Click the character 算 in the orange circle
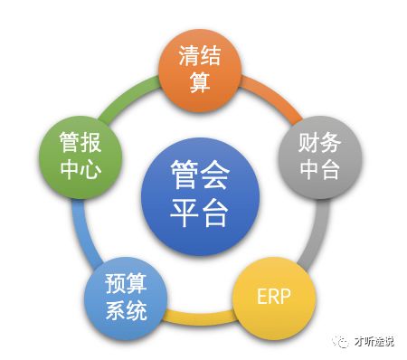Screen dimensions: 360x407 tap(200, 82)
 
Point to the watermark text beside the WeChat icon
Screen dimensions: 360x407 tap(373, 343)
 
